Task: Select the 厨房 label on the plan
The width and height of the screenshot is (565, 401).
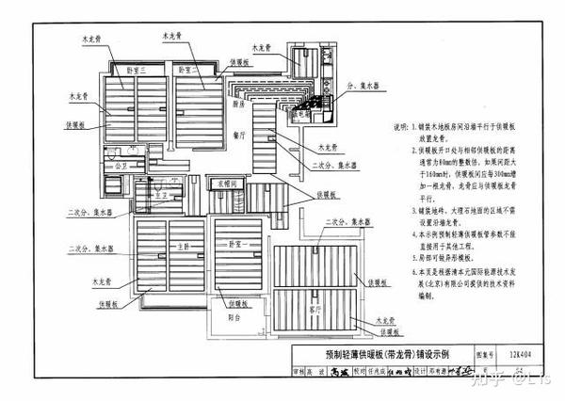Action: (x=239, y=107)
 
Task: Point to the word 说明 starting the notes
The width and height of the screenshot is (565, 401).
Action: (x=400, y=125)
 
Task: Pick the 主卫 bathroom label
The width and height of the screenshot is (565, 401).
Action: (x=161, y=194)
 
